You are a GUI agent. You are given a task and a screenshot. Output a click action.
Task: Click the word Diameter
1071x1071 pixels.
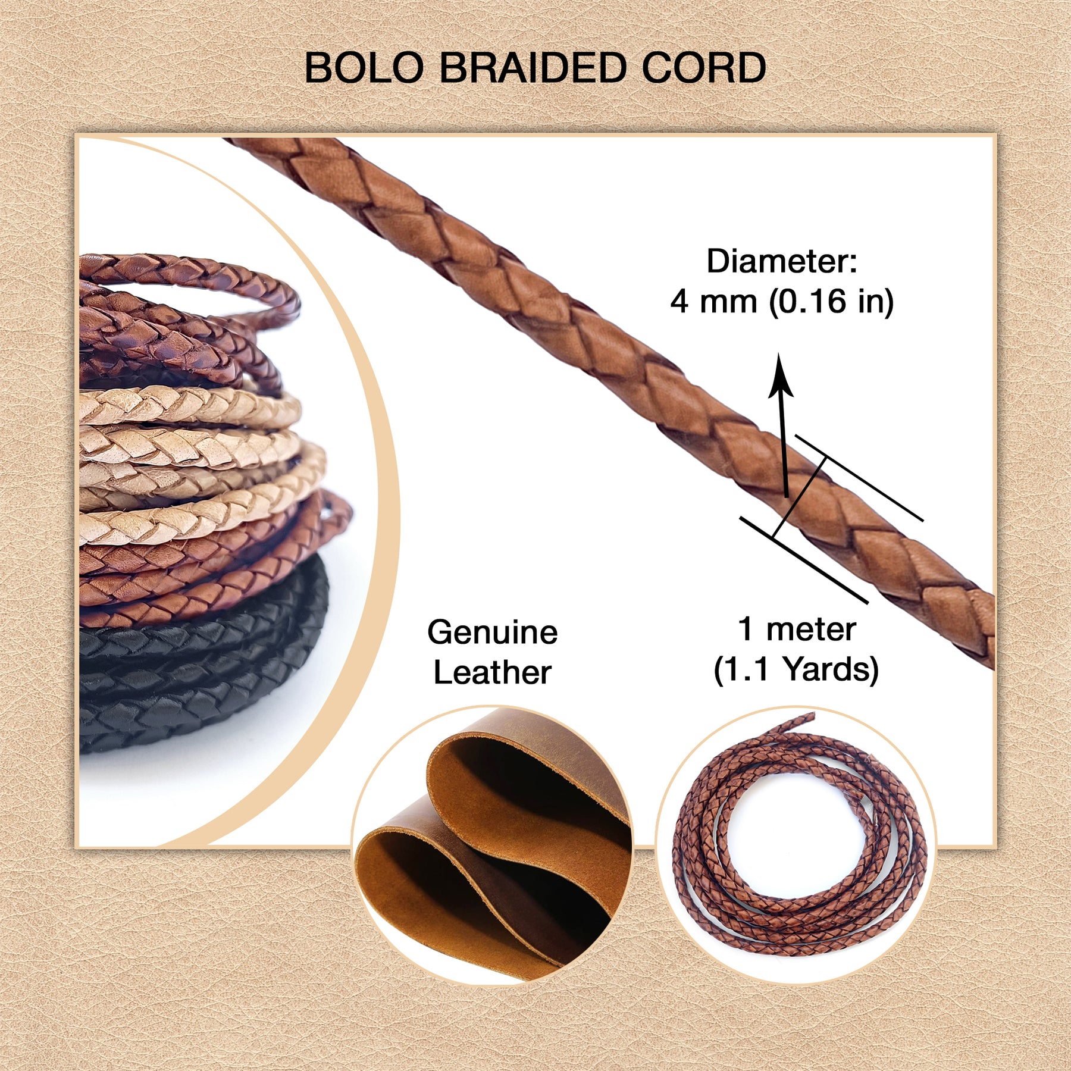point(781,261)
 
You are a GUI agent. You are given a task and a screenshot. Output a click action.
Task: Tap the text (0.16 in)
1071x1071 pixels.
point(831,302)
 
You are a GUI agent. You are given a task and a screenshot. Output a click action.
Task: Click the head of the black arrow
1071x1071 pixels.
point(780,375)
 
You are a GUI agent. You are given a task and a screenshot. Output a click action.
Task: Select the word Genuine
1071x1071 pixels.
point(492,632)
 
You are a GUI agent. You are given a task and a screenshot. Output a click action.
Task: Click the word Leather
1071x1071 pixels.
point(492,672)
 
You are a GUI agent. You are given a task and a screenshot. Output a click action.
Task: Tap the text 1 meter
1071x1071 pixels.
point(797,629)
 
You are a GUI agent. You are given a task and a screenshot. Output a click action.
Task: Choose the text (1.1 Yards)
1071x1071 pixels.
point(796,669)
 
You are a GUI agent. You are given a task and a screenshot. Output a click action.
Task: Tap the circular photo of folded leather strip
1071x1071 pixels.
point(493,845)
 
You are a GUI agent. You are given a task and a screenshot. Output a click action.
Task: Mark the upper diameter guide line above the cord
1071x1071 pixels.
point(859,478)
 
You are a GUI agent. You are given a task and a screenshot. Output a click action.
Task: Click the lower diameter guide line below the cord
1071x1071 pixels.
point(804,560)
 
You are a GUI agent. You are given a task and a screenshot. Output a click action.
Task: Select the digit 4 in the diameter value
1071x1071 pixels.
point(679,302)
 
